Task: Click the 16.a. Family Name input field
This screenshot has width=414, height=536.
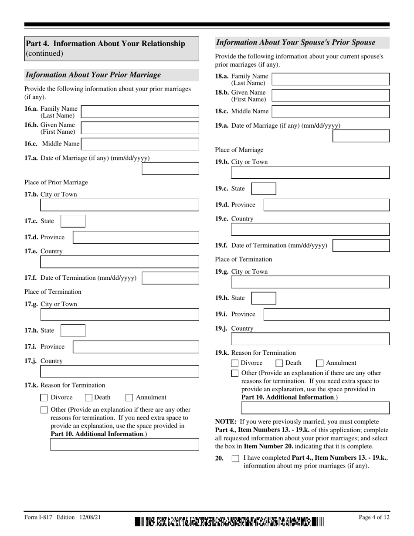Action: [x=140, y=112]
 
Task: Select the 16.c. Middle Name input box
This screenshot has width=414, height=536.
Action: [x=140, y=144]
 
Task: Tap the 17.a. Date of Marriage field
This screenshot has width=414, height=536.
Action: [x=170, y=169]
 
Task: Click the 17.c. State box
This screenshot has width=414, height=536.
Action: [x=73, y=221]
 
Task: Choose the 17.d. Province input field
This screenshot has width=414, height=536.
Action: [x=136, y=237]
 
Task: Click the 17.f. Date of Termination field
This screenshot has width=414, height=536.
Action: [x=170, y=278]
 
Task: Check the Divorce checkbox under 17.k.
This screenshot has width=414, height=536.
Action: [x=44, y=397]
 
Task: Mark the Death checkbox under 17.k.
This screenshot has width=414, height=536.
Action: [x=88, y=397]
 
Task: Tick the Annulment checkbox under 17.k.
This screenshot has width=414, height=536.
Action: [x=129, y=397]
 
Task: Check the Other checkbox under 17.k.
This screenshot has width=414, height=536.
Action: [x=44, y=410]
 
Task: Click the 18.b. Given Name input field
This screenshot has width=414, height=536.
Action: [x=330, y=95]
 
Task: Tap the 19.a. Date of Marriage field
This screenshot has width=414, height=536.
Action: [x=361, y=136]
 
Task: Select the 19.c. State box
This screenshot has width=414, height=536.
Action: [x=264, y=189]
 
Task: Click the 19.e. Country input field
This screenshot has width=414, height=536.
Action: [x=310, y=230]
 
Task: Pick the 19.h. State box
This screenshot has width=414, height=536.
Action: [x=264, y=298]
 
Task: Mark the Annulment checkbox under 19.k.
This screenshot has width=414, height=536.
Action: [x=319, y=363]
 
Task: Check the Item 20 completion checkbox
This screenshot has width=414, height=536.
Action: [x=235, y=458]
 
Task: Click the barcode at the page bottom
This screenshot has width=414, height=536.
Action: [x=229, y=521]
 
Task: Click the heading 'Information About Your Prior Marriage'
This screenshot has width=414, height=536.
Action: [x=93, y=75]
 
